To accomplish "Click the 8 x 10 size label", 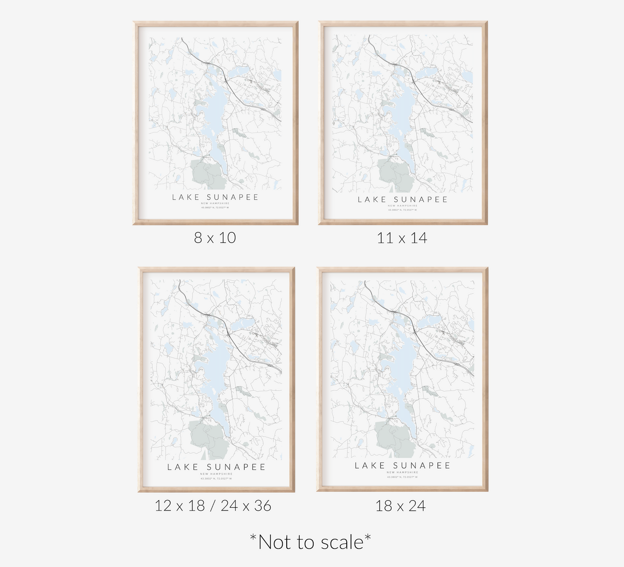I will pos(215,238).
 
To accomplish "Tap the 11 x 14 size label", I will pos(402,238).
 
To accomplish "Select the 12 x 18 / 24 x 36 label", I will pos(213,506).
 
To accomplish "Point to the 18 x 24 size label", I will pos(400,506).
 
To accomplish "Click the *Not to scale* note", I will pos(310,542).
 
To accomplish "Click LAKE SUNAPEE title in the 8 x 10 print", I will pos(215,197).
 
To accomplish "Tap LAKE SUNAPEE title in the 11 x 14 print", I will pos(402,200).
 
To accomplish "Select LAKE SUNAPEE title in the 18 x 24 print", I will pos(402,466).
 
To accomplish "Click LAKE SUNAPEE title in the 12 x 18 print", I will pos(216,467).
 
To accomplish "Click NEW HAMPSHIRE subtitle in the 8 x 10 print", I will pos(215,203).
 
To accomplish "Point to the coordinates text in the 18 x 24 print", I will pos(402,477).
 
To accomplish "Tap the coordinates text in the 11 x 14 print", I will pos(402,210).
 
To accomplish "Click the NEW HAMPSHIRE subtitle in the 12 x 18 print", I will pos(216,474).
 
